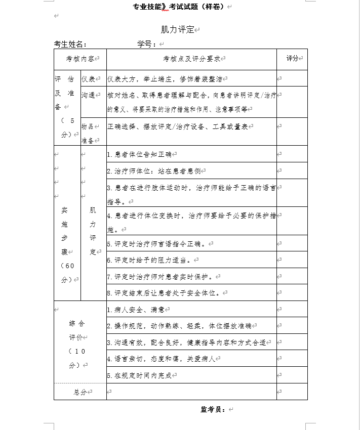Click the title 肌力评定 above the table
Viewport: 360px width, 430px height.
[x=178, y=30]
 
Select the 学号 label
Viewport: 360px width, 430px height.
[x=146, y=45]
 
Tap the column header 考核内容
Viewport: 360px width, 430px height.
[x=80, y=59]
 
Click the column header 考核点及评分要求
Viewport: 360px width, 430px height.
[x=191, y=59]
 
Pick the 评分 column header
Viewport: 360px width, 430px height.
[x=292, y=59]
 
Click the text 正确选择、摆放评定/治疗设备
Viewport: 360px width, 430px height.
[x=177, y=126]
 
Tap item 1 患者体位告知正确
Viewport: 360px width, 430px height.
[x=139, y=154]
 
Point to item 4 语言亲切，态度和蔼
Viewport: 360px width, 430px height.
[x=161, y=359]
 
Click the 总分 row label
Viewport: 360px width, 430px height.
[x=81, y=392]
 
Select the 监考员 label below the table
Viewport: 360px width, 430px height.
[x=213, y=409]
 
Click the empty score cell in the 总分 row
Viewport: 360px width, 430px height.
[x=292, y=392]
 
